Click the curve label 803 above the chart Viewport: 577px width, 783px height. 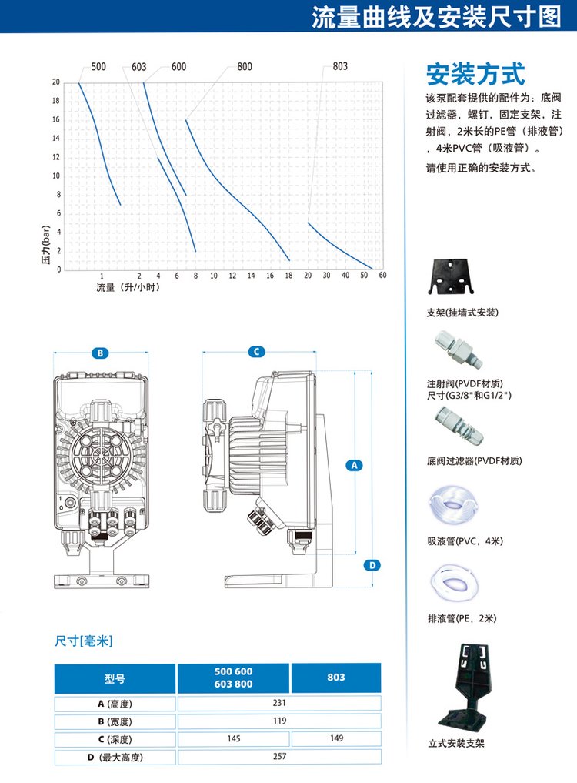[x=340, y=66]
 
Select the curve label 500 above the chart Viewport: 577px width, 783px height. [x=98, y=66]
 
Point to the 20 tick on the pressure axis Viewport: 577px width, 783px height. [x=56, y=82]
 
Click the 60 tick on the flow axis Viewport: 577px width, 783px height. [x=382, y=275]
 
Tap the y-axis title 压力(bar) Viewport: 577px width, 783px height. [x=45, y=244]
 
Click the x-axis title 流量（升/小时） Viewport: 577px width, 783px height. [x=128, y=287]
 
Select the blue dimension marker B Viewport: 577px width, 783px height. [x=100, y=353]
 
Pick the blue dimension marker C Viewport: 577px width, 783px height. [x=256, y=352]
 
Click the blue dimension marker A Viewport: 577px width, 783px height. [x=355, y=465]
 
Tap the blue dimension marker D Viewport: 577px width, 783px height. [x=372, y=565]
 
